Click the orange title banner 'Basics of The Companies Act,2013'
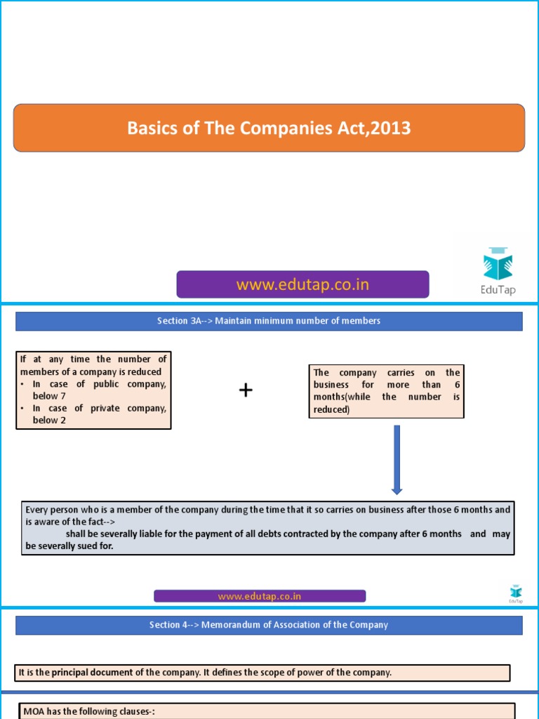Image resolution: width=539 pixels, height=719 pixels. [x=269, y=128]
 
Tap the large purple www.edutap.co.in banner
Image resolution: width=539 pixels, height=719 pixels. [x=302, y=284]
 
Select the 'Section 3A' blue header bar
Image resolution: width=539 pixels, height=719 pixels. [x=269, y=321]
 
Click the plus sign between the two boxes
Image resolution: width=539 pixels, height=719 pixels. [x=246, y=391]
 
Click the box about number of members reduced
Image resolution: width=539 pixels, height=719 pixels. [x=93, y=390]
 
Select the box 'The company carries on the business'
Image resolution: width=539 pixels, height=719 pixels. [x=386, y=391]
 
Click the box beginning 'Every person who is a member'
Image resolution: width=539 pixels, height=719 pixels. [x=267, y=528]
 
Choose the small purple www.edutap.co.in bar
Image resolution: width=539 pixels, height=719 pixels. [x=260, y=596]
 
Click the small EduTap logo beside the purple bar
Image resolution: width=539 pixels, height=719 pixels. [x=515, y=593]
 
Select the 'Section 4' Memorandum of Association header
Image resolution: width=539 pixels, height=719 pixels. [x=269, y=625]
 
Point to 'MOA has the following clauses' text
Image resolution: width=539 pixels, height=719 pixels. [x=89, y=711]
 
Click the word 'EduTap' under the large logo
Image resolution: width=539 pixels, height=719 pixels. [x=498, y=289]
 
